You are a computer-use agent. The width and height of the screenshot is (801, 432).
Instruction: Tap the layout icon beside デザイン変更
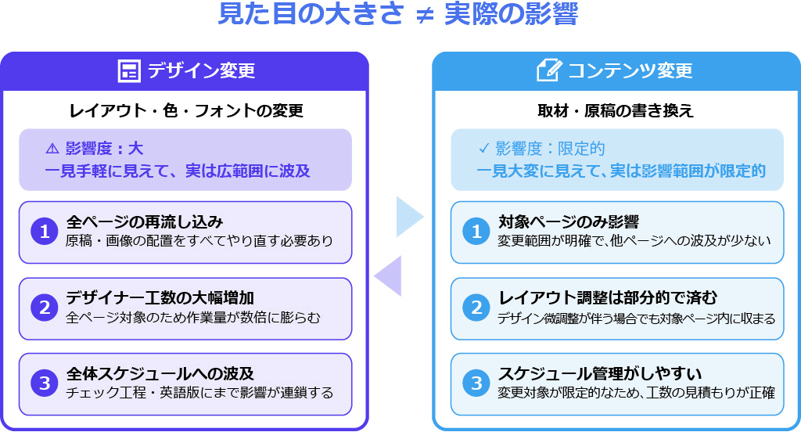click(128, 71)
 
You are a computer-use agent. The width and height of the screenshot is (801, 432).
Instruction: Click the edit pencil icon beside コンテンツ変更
click(549, 70)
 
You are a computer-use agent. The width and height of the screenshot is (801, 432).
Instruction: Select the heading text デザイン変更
click(201, 71)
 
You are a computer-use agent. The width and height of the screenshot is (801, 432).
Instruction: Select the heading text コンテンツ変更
click(630, 71)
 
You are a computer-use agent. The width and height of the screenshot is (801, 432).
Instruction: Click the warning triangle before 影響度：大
click(52, 149)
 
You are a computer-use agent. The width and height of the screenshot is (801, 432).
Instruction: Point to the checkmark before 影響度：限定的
click(483, 149)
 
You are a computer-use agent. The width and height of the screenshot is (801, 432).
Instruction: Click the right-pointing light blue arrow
click(408, 217)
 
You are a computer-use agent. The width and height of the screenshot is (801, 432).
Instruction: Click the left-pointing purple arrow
click(389, 275)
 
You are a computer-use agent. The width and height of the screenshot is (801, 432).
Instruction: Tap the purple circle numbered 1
click(45, 232)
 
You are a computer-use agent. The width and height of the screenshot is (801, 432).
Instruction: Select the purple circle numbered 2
click(45, 308)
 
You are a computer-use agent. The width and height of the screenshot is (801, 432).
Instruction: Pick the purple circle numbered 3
click(45, 383)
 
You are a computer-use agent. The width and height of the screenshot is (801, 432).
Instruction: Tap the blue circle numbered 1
click(476, 232)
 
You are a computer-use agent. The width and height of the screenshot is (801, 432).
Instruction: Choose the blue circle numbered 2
click(476, 308)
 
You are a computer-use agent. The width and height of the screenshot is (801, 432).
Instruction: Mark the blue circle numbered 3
click(476, 383)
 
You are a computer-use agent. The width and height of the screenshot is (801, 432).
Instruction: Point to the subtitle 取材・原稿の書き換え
click(616, 111)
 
